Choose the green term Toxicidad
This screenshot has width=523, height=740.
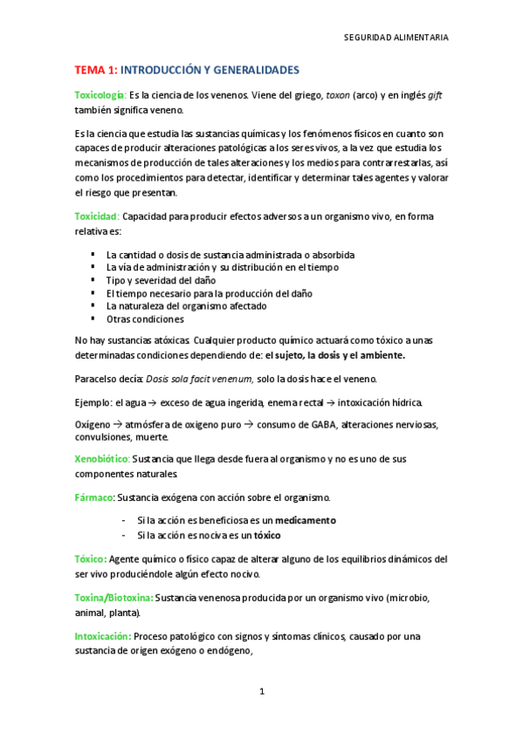pos(96,216)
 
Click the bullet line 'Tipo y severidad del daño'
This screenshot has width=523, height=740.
pos(161,280)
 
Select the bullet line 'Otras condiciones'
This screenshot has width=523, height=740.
pos(145,319)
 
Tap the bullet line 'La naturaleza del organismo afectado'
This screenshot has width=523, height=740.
pos(186,305)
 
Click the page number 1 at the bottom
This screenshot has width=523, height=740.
pos(261,692)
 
